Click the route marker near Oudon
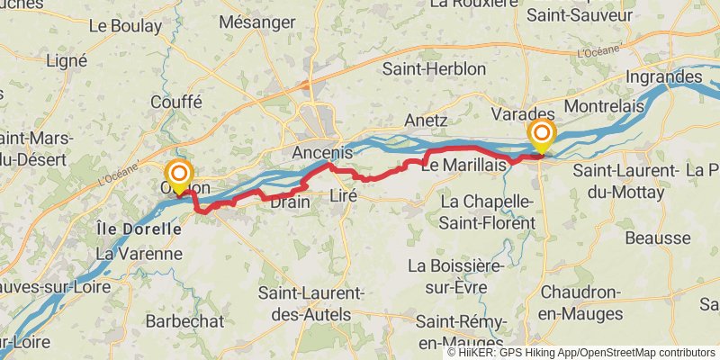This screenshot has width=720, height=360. (x=179, y=174)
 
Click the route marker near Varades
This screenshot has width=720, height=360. (x=542, y=135)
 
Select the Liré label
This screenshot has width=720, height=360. (x=345, y=195)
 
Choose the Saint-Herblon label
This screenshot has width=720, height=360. (x=434, y=69)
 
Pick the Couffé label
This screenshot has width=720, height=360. (x=176, y=103)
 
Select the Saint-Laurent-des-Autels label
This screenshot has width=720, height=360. (x=310, y=303)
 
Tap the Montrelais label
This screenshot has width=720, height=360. (x=598, y=107)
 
